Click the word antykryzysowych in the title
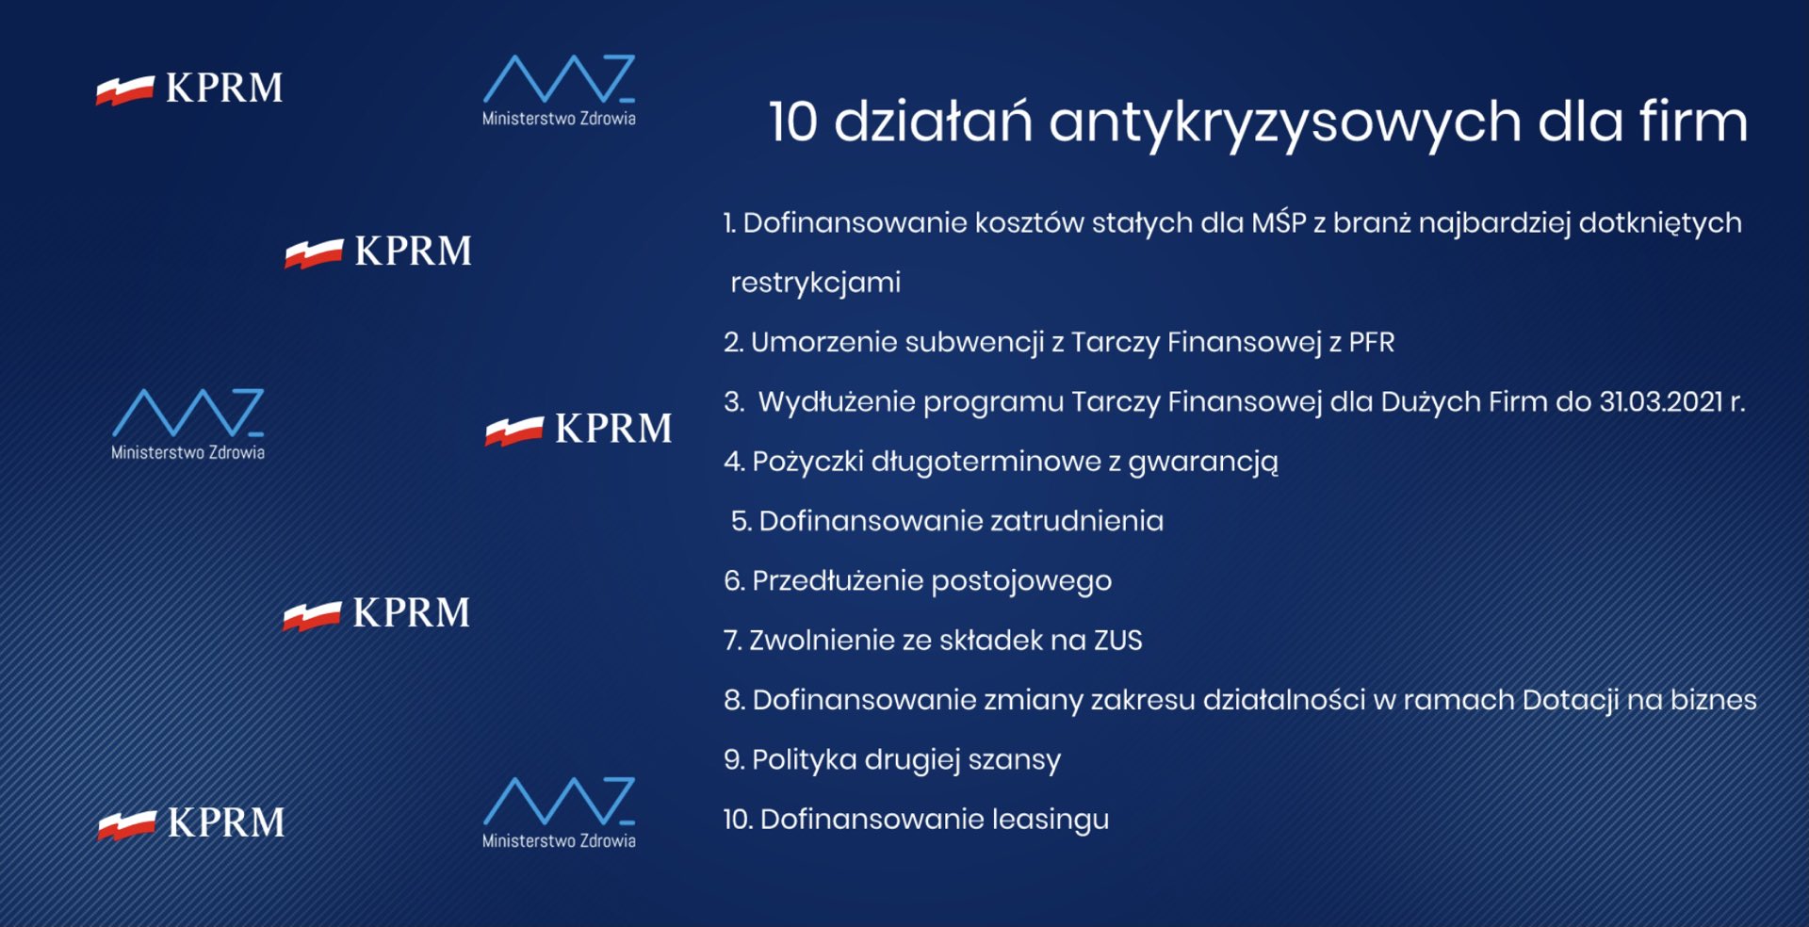[x=1283, y=123]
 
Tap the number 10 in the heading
[x=792, y=123]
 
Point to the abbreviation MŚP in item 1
[x=1279, y=222]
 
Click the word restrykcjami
[x=816, y=283]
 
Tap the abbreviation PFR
[x=1371, y=342]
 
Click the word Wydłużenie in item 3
[x=836, y=402]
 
